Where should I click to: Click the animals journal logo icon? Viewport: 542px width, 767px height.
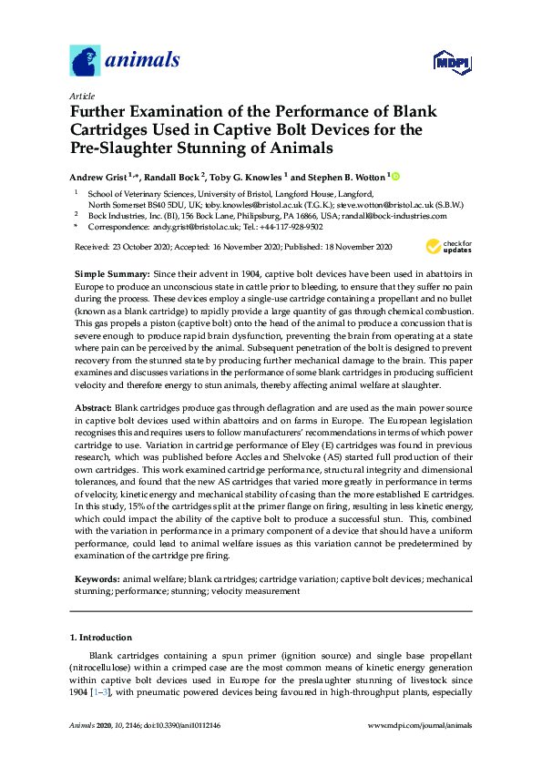(x=86, y=62)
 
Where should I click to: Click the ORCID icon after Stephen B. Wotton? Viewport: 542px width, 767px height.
(x=396, y=176)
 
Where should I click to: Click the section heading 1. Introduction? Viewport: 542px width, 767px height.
(x=101, y=638)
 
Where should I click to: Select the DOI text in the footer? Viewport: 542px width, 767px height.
(x=183, y=725)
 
